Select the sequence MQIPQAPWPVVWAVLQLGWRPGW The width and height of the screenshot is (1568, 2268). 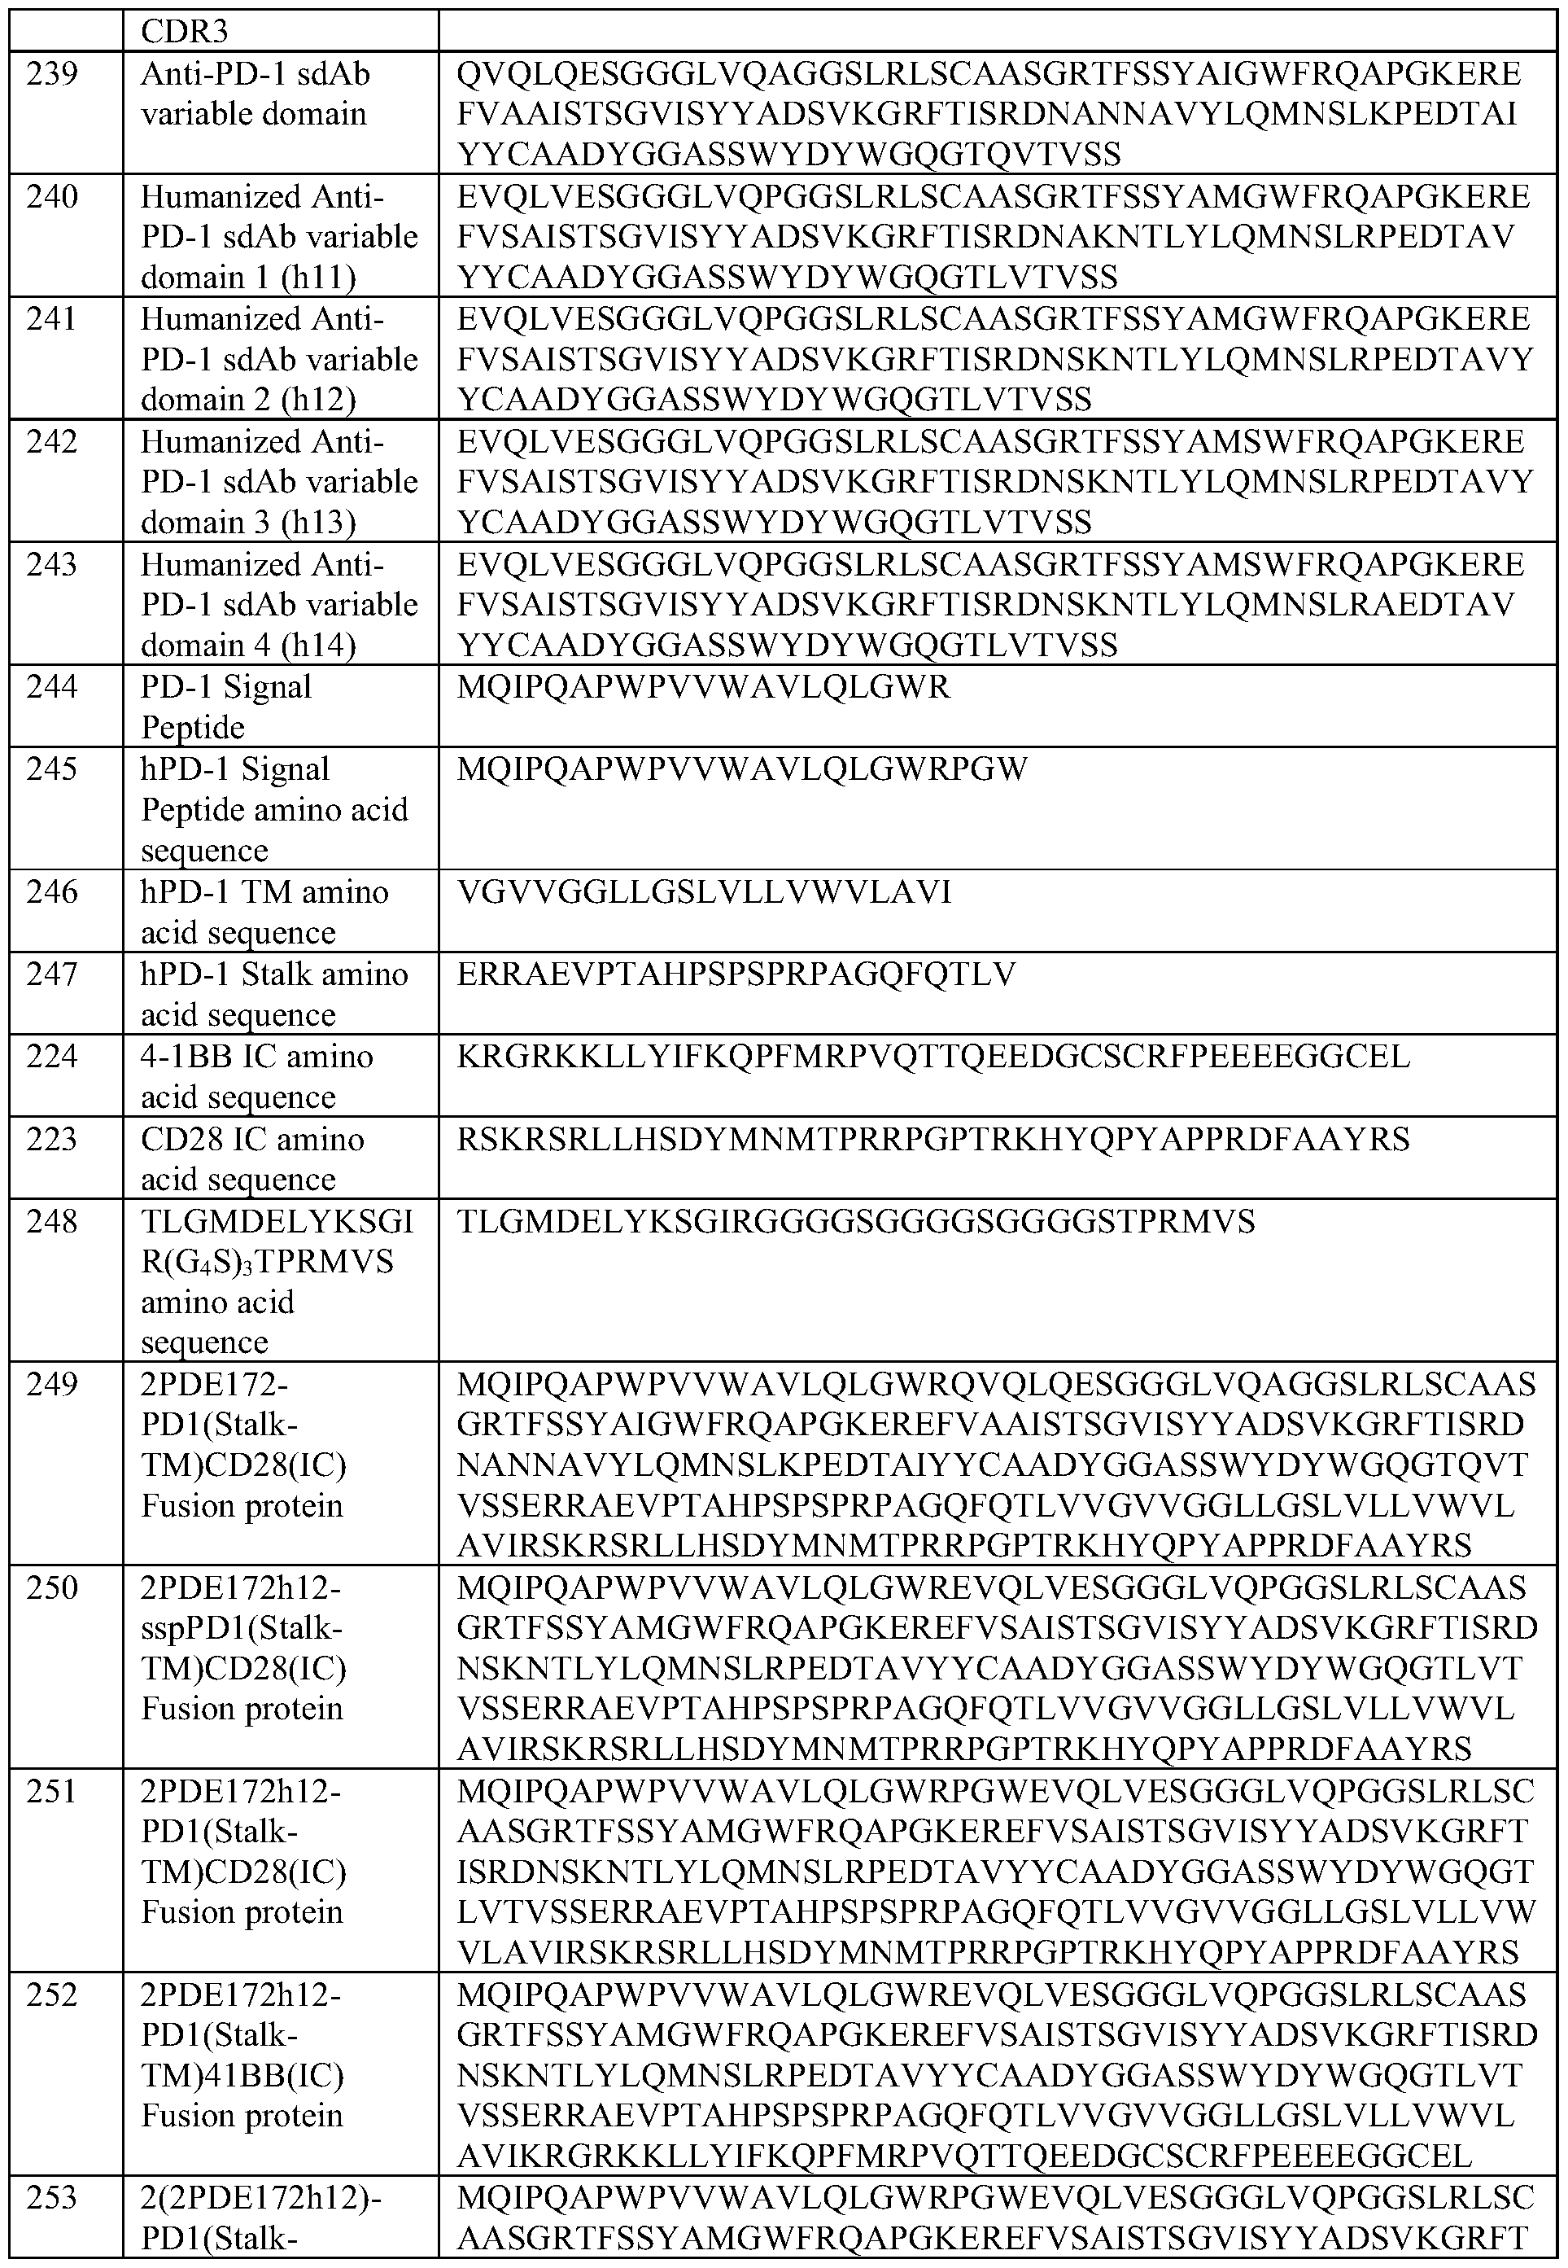coord(742,769)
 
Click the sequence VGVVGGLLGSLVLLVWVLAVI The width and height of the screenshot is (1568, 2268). coord(703,892)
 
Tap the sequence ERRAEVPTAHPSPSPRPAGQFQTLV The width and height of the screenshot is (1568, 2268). coord(736,974)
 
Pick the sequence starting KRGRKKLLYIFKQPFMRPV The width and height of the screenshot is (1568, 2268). coord(933,1057)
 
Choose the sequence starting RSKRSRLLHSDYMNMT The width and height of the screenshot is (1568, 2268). coord(933,1139)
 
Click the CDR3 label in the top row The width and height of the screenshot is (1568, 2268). coord(185,32)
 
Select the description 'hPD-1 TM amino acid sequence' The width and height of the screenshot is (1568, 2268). coord(264,912)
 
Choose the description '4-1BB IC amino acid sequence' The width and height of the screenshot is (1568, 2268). coord(256,1076)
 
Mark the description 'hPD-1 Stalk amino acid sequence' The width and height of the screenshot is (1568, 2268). coord(274,993)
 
